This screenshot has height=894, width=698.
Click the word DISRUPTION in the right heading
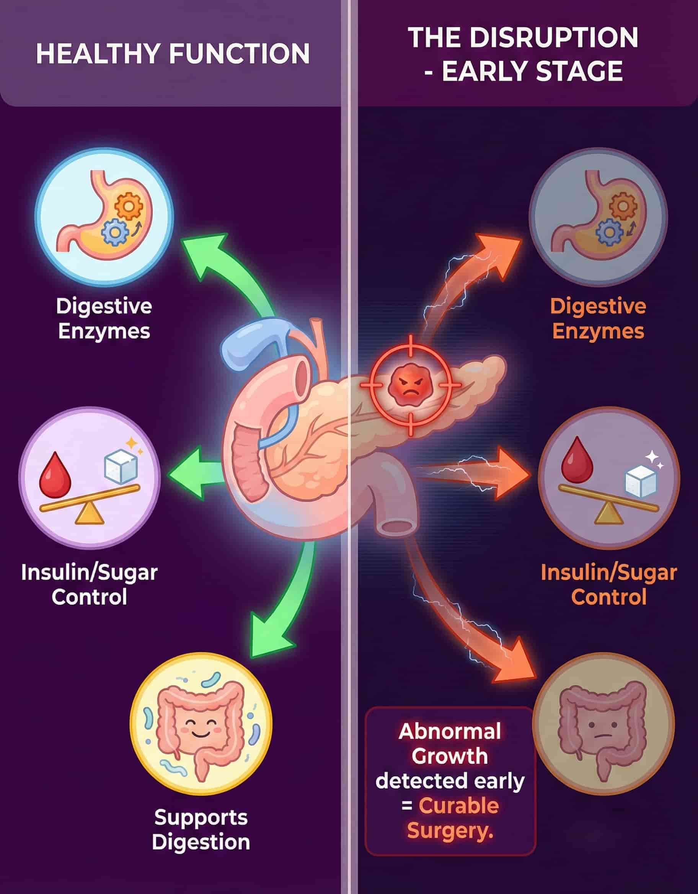[x=553, y=38]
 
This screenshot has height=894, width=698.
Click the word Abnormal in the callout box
[x=450, y=731]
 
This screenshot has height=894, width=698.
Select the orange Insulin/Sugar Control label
[x=609, y=584]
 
